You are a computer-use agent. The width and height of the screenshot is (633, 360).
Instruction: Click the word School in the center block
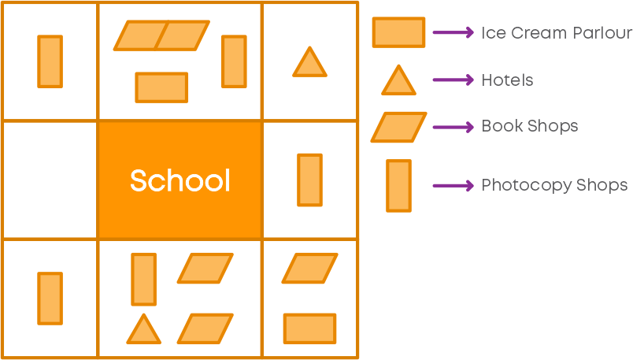180,180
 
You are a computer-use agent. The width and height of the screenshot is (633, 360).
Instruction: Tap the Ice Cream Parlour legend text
557,33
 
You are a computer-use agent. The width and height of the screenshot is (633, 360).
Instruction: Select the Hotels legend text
507,80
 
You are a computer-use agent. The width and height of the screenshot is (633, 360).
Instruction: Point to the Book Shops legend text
530,126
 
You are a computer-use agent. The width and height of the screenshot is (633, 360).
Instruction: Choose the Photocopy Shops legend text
554,185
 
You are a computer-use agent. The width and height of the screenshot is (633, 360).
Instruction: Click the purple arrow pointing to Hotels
453,80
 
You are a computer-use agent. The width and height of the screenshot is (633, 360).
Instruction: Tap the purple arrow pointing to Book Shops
453,128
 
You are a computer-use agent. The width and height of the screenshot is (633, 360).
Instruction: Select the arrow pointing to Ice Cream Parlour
453,32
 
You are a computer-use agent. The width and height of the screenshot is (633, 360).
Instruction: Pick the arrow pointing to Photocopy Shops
453,186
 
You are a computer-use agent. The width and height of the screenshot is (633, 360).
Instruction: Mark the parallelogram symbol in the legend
399,128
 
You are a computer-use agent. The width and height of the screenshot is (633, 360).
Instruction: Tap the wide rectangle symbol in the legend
398,32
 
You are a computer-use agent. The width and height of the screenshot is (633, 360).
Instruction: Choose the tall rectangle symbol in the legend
398,186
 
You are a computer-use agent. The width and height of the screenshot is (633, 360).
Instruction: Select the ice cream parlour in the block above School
161,87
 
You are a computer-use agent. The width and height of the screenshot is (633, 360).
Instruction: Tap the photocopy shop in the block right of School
309,180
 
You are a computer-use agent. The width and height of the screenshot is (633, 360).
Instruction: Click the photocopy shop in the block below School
144,279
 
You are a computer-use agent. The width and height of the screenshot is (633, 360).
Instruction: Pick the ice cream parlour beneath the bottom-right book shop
309,329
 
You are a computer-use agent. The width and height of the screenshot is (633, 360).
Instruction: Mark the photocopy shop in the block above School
234,61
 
